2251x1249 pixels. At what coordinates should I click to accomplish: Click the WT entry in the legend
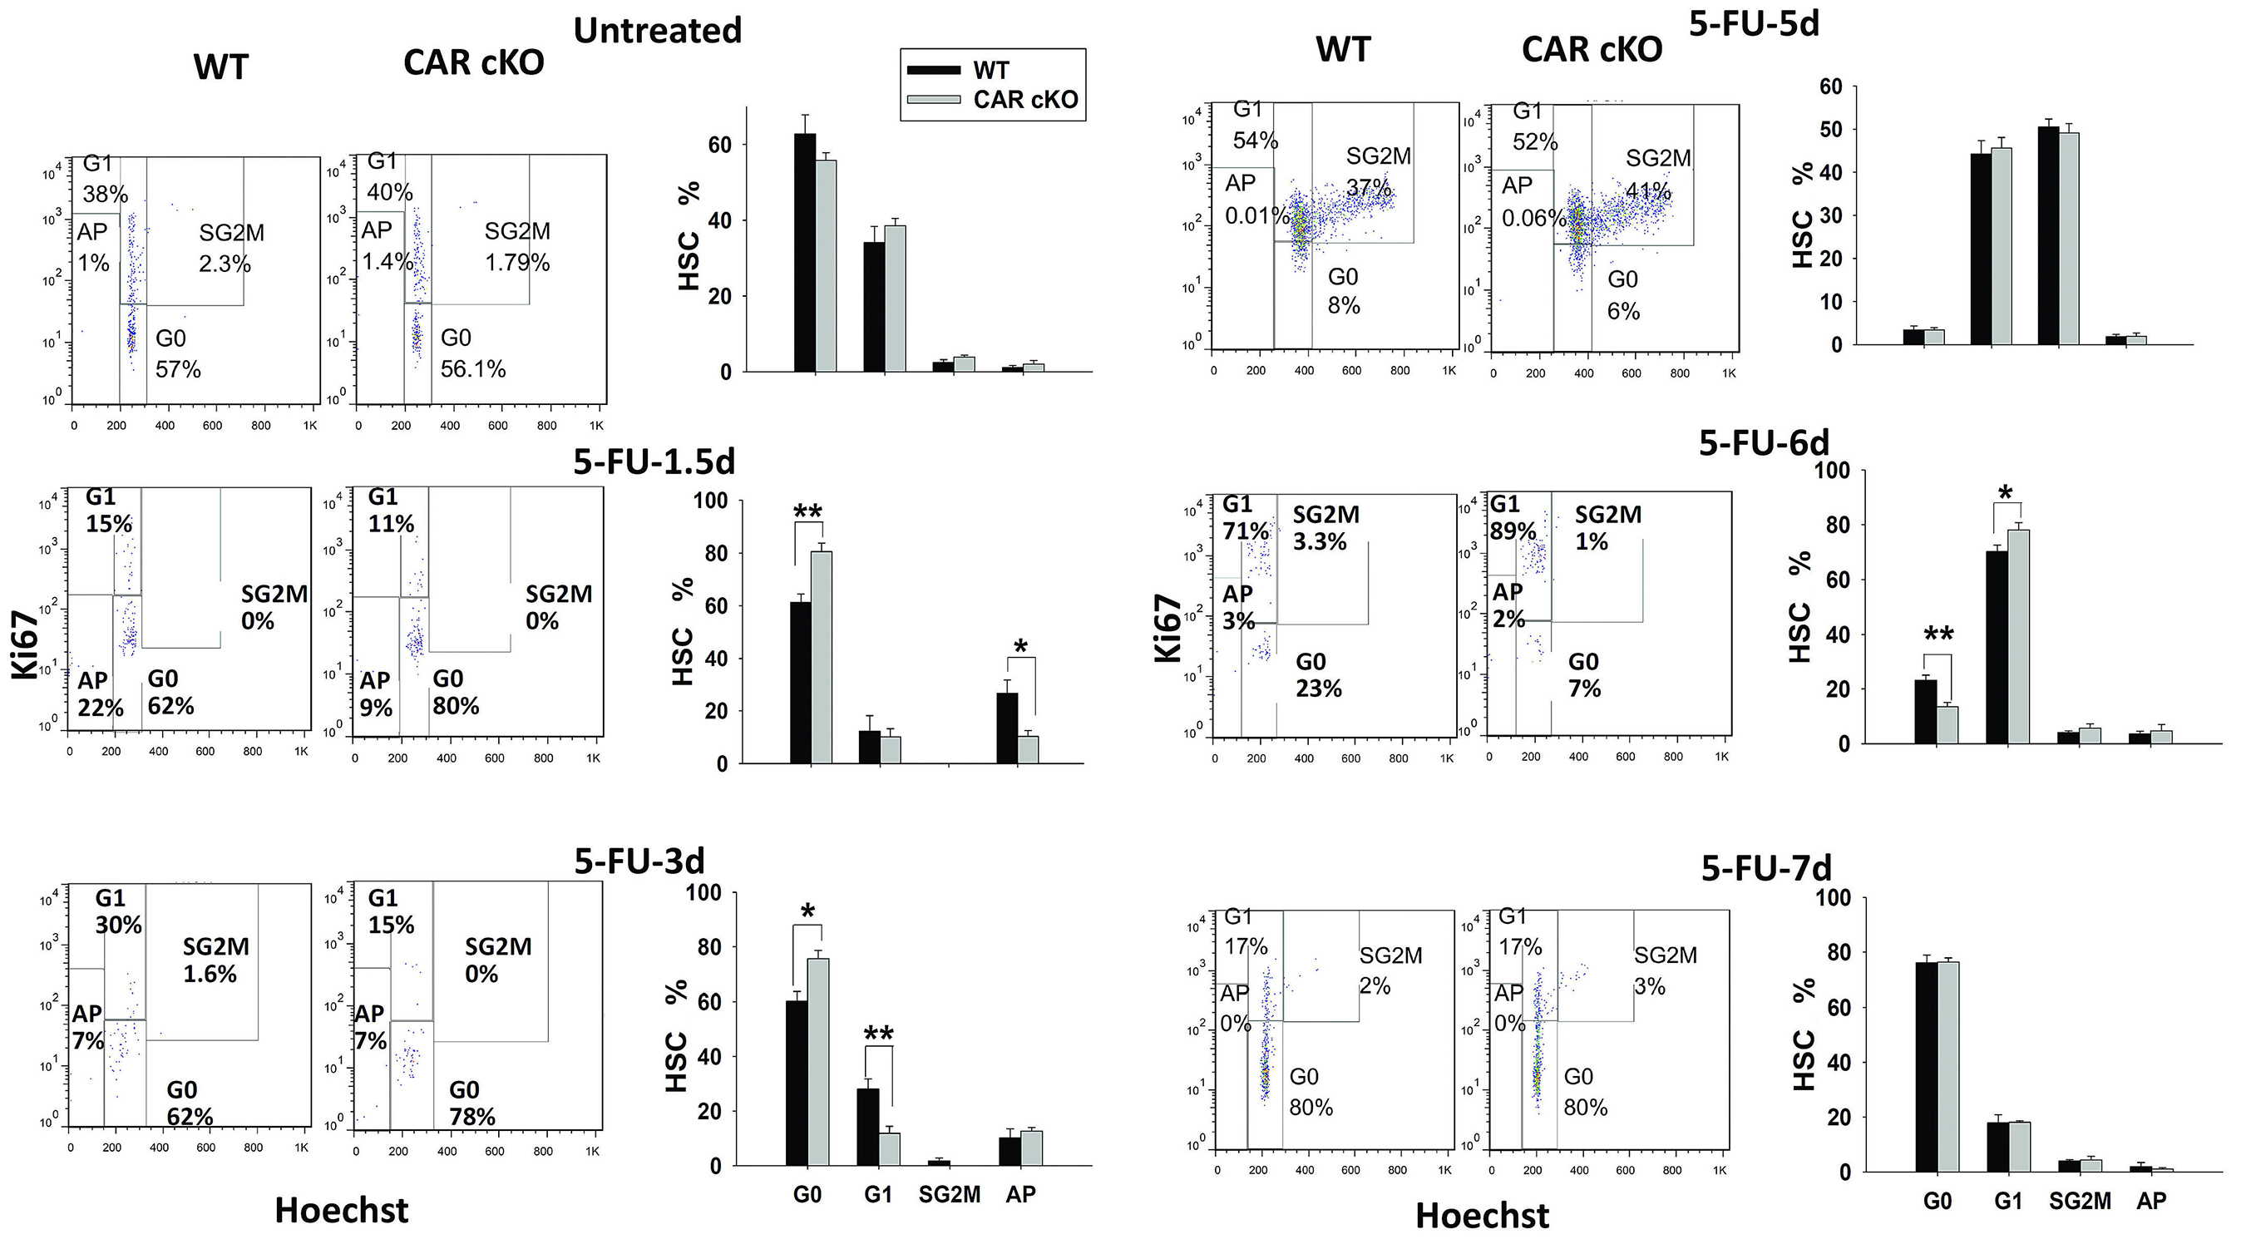[x=990, y=71]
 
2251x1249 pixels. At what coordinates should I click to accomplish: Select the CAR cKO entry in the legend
[x=1025, y=100]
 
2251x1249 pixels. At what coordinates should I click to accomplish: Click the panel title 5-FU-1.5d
[x=654, y=462]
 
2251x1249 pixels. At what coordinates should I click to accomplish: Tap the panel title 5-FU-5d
[x=1753, y=23]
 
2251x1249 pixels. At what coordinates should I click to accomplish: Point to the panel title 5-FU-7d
[x=1765, y=868]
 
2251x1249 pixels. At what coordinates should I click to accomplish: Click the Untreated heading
[x=657, y=31]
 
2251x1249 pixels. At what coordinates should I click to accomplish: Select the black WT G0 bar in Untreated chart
[x=805, y=253]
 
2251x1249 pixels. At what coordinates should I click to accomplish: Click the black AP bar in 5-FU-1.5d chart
[x=1007, y=728]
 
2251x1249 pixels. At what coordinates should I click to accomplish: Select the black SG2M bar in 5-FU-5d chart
[x=2047, y=236]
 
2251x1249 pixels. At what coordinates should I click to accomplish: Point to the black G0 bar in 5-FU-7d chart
[x=1926, y=1066]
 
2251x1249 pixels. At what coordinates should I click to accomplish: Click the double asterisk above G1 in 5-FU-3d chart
[x=878, y=1034]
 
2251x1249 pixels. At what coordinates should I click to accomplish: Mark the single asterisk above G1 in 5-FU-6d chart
[x=2006, y=494]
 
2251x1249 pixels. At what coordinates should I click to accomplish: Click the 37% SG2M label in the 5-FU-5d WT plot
[x=1368, y=188]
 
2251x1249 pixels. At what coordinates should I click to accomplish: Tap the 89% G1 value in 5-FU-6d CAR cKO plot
[x=1513, y=531]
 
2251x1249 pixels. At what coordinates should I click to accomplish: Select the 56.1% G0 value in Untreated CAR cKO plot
[x=473, y=369]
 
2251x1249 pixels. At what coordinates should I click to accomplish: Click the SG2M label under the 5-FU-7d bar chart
[x=2080, y=1201]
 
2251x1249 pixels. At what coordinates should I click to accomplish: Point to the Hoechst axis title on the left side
[x=341, y=1211]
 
